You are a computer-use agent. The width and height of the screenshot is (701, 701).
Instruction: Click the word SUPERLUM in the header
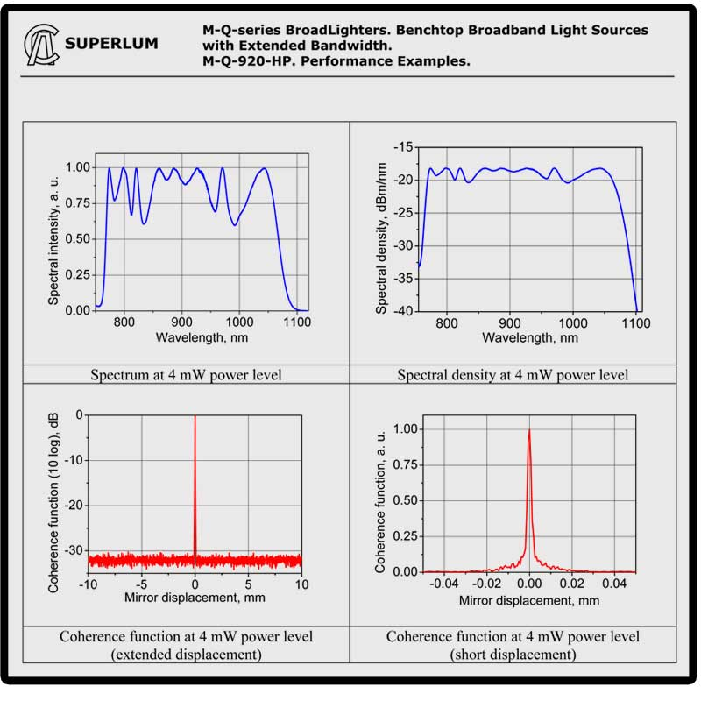pos(112,43)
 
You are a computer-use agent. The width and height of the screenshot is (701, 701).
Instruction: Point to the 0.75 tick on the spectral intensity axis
pos(78,202)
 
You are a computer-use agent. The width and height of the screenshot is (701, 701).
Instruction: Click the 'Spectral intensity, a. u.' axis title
pos(53,237)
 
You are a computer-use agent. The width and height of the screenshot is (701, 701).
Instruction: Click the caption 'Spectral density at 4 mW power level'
pos(513,375)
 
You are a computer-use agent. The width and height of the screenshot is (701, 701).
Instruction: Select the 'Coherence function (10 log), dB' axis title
pos(53,503)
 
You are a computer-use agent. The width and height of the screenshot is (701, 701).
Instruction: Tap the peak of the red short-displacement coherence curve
pos(529,429)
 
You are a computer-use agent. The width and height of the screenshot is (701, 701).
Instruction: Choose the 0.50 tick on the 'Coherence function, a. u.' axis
pos(406,500)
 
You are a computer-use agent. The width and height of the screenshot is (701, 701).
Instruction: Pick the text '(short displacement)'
pos(513,654)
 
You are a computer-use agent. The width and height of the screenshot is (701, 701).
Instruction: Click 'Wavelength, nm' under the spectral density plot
pos(529,337)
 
